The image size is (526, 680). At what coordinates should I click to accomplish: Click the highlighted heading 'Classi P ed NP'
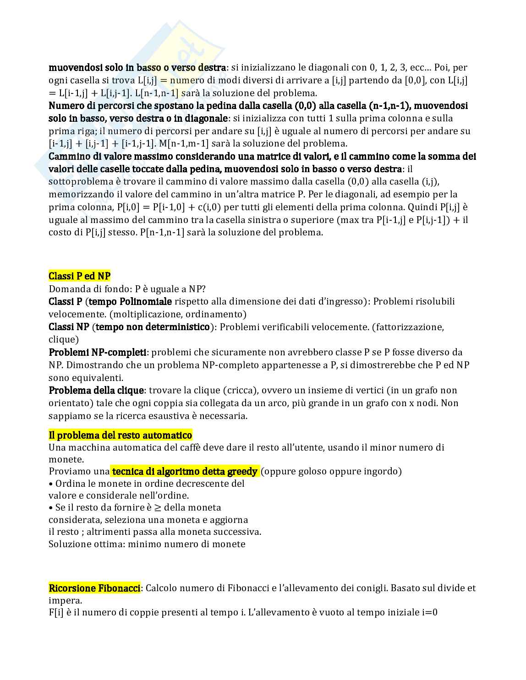(x=79, y=276)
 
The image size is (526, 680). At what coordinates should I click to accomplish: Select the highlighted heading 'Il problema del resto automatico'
(x=120, y=435)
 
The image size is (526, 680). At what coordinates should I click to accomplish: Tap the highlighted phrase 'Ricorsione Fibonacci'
(x=94, y=588)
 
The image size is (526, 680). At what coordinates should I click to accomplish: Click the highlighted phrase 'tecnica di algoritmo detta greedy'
(x=185, y=471)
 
